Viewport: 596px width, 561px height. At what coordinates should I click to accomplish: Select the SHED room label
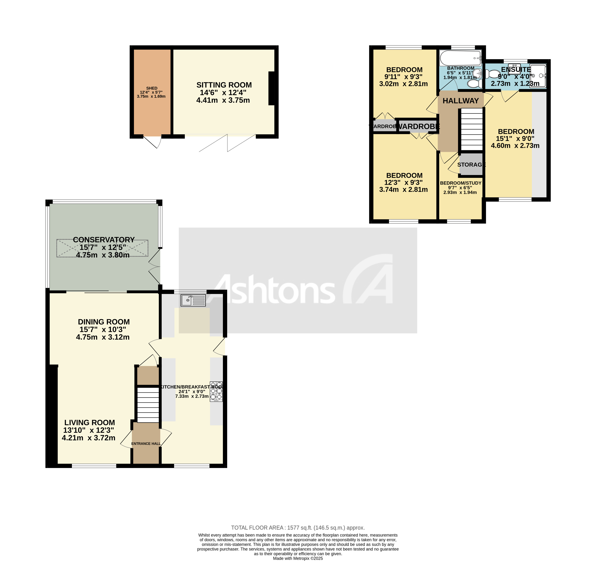coord(152,88)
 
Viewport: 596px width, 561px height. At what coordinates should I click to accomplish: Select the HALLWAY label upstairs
coord(461,101)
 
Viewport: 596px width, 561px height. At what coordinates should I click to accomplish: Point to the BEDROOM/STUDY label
coord(461,183)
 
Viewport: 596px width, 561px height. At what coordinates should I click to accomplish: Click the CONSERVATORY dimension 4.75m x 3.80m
coord(103,255)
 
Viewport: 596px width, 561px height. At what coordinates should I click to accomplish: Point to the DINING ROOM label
coord(104,322)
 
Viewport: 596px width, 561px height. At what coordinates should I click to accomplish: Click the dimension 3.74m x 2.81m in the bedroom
coord(403,190)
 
